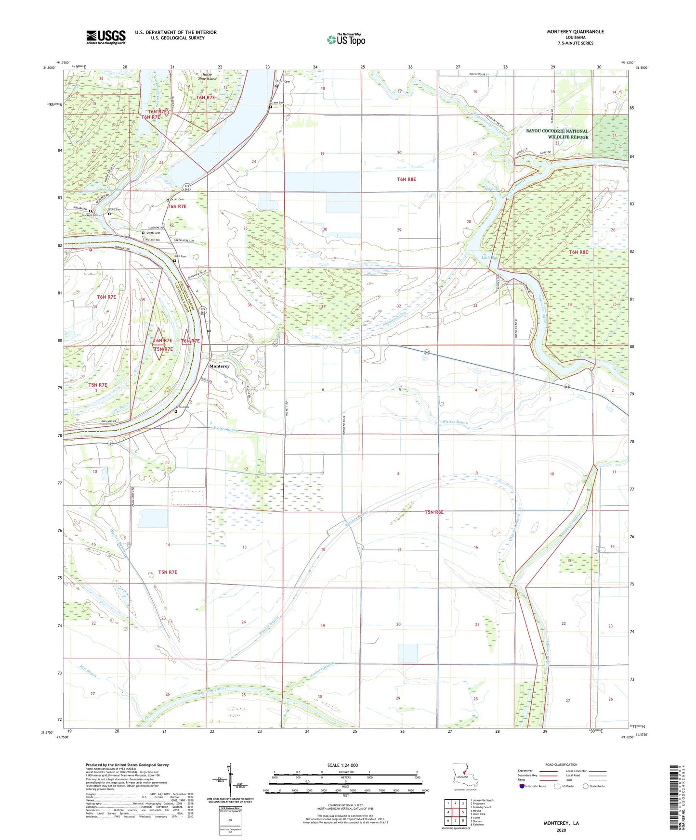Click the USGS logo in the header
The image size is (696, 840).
(105, 37)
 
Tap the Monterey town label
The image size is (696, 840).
(219, 366)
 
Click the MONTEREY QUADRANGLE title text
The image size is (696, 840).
(575, 32)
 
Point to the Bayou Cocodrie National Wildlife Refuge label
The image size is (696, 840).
(557, 134)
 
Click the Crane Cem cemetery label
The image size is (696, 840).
(277, 103)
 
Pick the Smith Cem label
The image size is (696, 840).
(153, 233)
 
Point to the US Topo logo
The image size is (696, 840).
(346, 39)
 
